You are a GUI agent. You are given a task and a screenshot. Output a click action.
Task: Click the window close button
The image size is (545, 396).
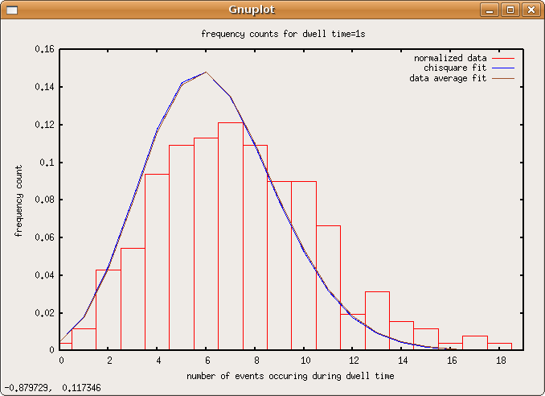(530, 10)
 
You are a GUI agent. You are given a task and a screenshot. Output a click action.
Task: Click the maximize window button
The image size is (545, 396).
(510, 10)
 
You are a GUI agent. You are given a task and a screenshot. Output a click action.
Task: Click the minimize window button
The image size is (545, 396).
(490, 10)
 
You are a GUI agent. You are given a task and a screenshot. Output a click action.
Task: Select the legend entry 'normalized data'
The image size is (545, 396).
(450, 58)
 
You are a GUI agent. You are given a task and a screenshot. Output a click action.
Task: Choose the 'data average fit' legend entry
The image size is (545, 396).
(449, 78)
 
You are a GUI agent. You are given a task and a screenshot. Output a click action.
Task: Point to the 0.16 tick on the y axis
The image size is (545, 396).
(45, 49)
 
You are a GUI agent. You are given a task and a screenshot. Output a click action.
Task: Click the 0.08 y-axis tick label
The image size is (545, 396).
(45, 200)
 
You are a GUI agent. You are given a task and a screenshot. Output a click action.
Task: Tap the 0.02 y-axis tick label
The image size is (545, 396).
(45, 312)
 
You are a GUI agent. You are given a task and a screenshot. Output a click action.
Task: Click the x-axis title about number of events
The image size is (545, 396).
(290, 376)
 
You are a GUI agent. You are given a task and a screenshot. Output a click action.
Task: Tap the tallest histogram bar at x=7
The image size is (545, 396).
(231, 237)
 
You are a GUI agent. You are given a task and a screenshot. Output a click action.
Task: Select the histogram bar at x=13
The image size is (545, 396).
(377, 322)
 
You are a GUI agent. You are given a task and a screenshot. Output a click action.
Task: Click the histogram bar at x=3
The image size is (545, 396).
(133, 299)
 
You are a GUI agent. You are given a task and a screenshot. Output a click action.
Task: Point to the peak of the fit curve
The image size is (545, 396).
(206, 72)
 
